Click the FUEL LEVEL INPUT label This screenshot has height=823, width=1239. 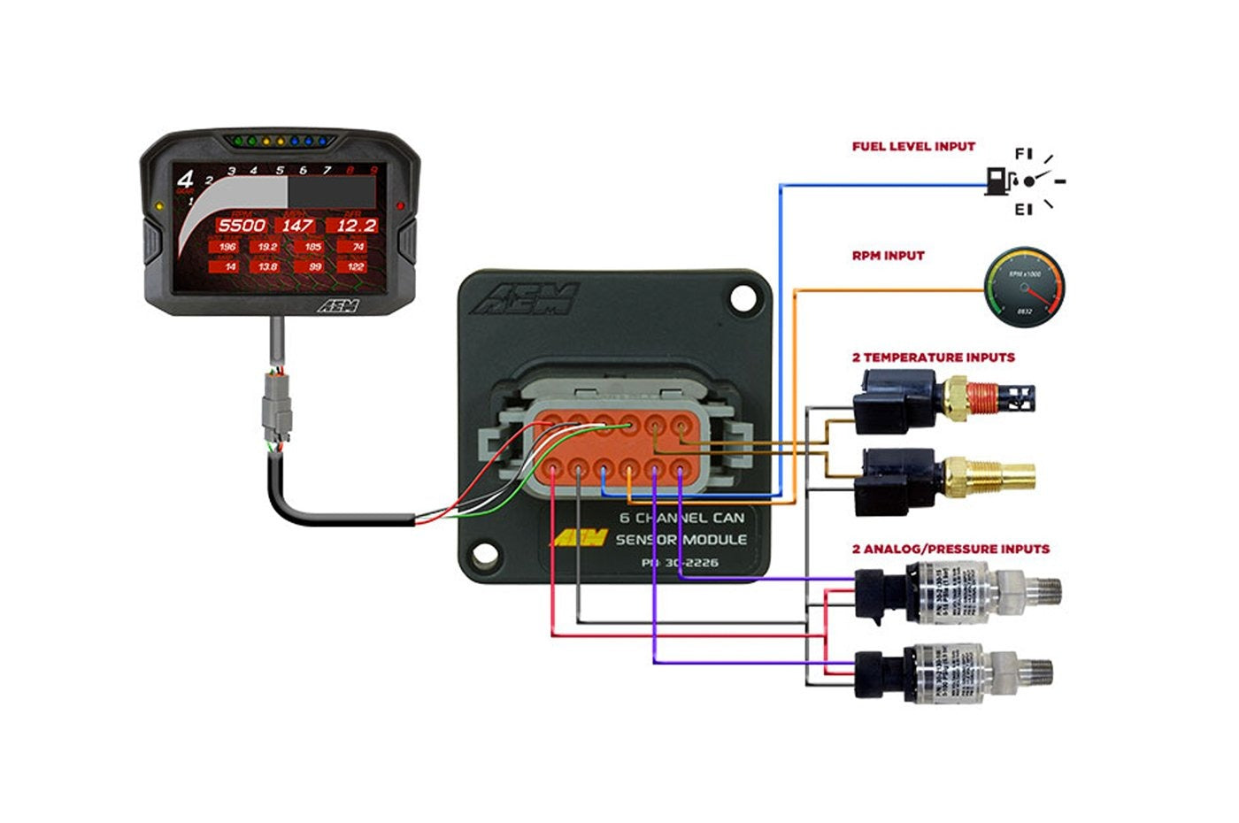tap(913, 147)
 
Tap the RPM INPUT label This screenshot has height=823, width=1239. tap(888, 256)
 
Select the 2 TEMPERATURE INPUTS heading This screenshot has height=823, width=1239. tap(933, 358)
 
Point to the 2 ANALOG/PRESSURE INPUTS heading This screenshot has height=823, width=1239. tap(950, 550)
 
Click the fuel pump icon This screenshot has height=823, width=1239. tap(997, 181)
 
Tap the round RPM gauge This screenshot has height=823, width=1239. tap(1025, 288)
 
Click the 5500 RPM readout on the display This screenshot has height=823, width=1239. tap(242, 226)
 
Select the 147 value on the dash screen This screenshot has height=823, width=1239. tap(296, 226)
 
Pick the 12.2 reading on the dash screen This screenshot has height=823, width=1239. tap(356, 226)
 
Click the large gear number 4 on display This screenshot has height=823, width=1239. tap(185, 180)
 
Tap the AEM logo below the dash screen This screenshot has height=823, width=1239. tap(337, 306)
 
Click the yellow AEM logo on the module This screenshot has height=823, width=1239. tap(581, 538)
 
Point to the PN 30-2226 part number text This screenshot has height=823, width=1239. tap(680, 563)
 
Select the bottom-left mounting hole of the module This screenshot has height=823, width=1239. tap(483, 555)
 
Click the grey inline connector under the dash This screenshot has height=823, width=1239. tap(275, 411)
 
